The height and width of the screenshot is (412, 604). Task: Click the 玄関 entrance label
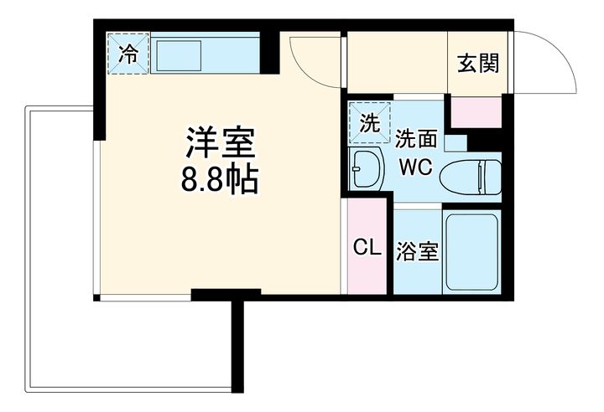point(478,64)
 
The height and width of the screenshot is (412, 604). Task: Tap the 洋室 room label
point(221,142)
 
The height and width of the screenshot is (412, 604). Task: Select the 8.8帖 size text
point(220,180)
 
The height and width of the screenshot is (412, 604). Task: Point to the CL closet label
point(367,247)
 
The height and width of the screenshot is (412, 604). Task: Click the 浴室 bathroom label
point(418,251)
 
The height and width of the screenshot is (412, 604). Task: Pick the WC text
point(416,167)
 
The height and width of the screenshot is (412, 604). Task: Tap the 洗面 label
point(416,139)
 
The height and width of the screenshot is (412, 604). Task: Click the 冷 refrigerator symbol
point(128,54)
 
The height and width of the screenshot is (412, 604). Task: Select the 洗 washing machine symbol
point(369,123)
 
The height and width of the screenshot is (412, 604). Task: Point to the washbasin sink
point(367,169)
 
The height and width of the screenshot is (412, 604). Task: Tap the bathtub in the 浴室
point(471,252)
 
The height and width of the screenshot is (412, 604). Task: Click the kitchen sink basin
point(179,56)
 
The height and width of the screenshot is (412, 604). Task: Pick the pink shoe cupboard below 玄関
point(476,112)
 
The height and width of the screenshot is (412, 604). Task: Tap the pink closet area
point(367,246)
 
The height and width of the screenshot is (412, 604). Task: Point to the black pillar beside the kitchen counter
point(269,53)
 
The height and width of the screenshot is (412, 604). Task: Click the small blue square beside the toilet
point(456,142)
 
